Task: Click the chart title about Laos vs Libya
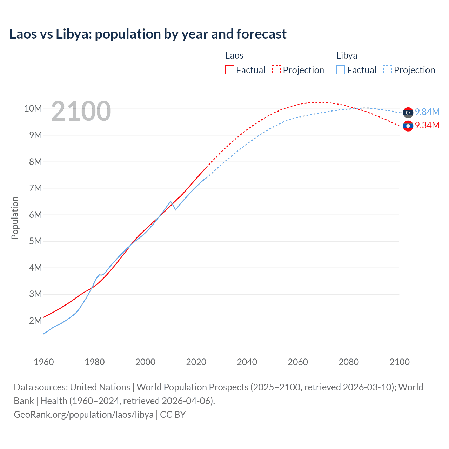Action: click(x=148, y=34)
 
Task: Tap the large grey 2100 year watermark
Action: click(x=81, y=111)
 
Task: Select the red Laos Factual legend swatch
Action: click(x=229, y=70)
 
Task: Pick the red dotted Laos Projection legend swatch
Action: click(x=276, y=70)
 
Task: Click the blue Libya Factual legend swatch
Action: click(x=341, y=70)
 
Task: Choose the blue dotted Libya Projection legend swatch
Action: click(x=388, y=70)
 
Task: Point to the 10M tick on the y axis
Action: click(x=33, y=108)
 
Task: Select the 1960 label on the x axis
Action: click(x=44, y=362)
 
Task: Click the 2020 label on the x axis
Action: click(x=196, y=362)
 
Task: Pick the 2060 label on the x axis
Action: click(x=298, y=362)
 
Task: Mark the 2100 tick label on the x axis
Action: click(x=399, y=362)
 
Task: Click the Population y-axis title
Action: click(x=15, y=218)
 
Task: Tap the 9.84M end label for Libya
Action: click(x=427, y=112)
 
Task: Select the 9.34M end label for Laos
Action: click(x=427, y=125)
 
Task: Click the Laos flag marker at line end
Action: click(x=408, y=126)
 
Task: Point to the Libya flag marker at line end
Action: click(x=408, y=113)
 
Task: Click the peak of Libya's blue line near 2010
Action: click(x=171, y=201)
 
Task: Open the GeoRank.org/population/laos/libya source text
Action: click(x=83, y=415)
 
